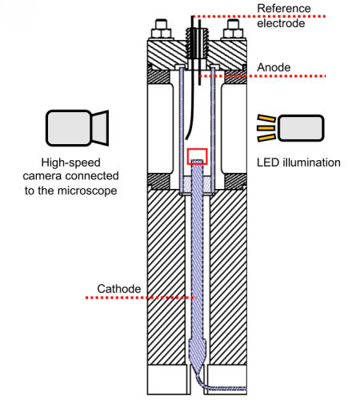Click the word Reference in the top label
click(284, 8)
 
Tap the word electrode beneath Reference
click(281, 23)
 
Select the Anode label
click(274, 67)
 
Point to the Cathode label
click(119, 288)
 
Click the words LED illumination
click(298, 163)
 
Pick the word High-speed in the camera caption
click(70, 163)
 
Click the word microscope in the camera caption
click(87, 191)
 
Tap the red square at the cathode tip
click(197, 149)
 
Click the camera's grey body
click(69, 128)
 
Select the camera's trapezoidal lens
click(101, 128)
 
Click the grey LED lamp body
click(301, 128)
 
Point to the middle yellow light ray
click(266, 128)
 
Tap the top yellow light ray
click(266, 119)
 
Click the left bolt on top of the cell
click(161, 30)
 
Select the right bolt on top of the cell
click(234, 30)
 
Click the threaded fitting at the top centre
click(197, 42)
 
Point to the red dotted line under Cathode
click(141, 297)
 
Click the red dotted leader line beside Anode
click(262, 76)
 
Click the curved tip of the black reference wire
click(187, 139)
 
